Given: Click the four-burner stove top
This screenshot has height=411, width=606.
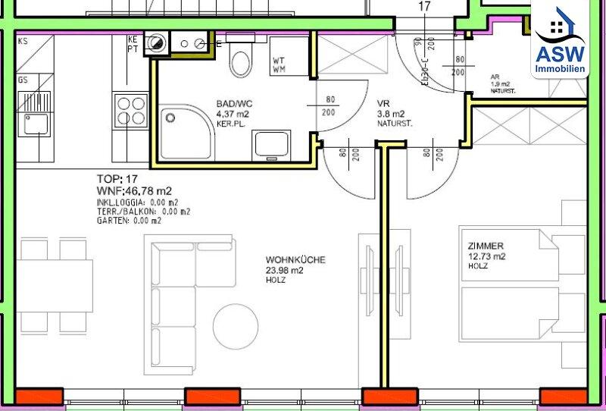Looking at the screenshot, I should point(130,108).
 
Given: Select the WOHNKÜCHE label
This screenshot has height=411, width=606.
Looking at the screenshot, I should point(295,260).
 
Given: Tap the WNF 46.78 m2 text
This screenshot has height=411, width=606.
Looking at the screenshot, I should point(134,190).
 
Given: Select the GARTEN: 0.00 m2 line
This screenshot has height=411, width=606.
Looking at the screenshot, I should point(129,221).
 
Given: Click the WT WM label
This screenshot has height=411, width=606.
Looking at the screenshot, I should point(280,64).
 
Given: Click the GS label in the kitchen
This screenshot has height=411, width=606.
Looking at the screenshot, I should point(23,79).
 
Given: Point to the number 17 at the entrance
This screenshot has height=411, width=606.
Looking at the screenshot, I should point(424,7).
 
